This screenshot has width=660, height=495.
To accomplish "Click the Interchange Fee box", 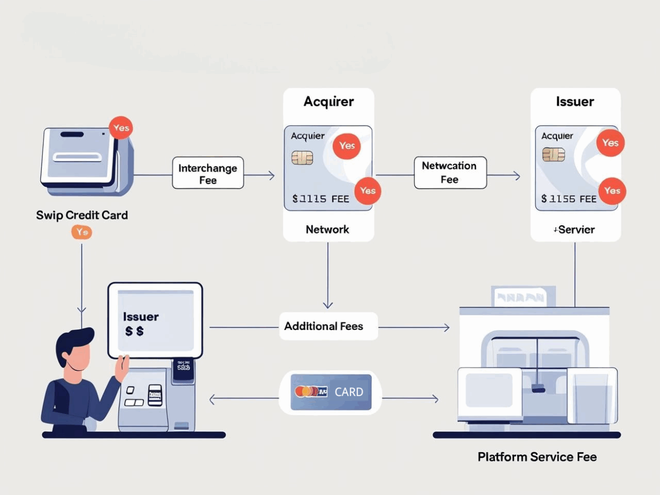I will click(208, 173).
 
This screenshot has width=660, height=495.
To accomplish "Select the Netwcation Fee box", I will click(450, 172).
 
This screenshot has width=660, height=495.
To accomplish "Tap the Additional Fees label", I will click(324, 326).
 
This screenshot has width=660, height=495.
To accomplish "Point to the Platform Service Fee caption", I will click(537, 456).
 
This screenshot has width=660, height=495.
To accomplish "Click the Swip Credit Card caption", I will click(82, 215).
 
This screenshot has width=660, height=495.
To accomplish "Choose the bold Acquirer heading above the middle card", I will click(328, 102).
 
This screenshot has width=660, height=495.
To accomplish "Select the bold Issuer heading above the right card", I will click(575, 102).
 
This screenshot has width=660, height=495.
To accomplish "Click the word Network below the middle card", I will click(327, 230).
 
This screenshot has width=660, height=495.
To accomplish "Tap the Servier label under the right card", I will click(575, 230).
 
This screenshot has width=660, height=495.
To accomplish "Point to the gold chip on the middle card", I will click(302, 157).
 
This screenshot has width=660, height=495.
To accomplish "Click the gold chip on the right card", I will click(553, 154).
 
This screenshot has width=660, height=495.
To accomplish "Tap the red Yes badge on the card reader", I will click(121, 128).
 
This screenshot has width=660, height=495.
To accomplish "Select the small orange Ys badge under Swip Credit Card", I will click(81, 232).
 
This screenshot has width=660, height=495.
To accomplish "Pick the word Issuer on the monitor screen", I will click(141, 317).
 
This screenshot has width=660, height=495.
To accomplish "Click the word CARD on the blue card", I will click(349, 392).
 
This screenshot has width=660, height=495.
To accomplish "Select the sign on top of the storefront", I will click(523, 297).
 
